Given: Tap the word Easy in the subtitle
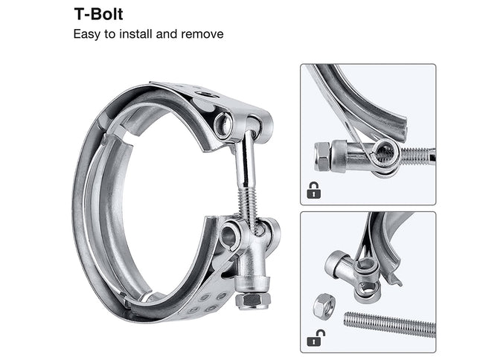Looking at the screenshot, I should tap(86, 34).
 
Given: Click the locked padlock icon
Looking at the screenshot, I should tap(314, 190).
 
